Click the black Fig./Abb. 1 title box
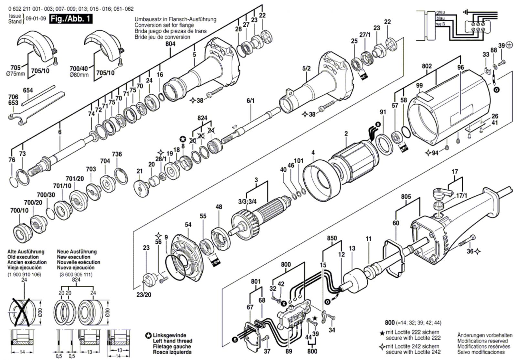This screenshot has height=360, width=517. [x=70, y=19]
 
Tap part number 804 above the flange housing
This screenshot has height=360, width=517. [x=170, y=44]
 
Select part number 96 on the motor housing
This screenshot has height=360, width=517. [x=460, y=68]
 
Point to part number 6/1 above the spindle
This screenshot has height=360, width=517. [x=250, y=101]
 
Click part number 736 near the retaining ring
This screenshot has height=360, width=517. [x=117, y=154]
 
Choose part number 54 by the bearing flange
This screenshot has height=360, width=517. [x=188, y=224]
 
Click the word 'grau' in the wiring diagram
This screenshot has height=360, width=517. [x=440, y=12]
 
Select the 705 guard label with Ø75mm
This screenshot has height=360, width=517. [x=15, y=68]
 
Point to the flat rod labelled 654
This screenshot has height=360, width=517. [x=38, y=95]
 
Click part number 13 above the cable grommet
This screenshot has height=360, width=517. [x=352, y=248]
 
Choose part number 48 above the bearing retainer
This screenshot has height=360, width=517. [x=219, y=207]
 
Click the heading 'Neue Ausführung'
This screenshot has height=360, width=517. [x=77, y=251]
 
